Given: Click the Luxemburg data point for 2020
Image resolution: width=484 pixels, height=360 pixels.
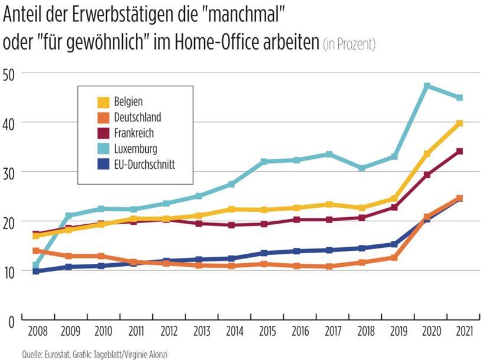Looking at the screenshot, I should pos(427,86).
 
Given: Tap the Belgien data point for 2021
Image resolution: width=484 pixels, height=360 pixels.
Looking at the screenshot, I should pos(459,123).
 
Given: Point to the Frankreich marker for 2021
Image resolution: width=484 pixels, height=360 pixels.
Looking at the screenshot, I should pos(459,152).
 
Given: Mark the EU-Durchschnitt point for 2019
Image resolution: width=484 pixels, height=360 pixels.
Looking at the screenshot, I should pos(394,244).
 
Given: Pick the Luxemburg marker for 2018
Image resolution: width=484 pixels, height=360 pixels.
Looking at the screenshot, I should pos(362,168).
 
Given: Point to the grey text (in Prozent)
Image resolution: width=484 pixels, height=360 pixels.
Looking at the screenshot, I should pos(349,44).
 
